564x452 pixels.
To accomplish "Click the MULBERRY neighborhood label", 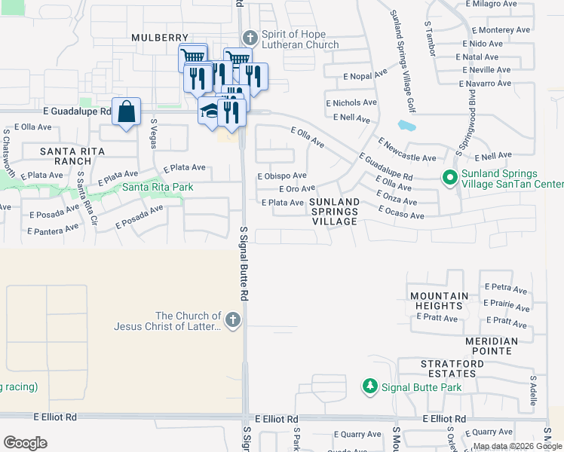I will coord(159,37).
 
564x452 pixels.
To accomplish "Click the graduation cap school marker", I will coord(209,112).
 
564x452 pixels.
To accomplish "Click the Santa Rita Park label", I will coord(158,188).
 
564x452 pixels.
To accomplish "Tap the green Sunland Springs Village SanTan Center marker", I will coord(449,179).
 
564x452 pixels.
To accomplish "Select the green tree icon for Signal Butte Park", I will coord(369,386).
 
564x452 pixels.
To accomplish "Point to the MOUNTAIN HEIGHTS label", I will coord(437,301).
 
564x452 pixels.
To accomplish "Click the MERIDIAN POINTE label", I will coord(491,346).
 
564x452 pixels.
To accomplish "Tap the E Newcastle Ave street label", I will coord(407,150).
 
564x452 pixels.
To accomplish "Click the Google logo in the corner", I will coord(25,443).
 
